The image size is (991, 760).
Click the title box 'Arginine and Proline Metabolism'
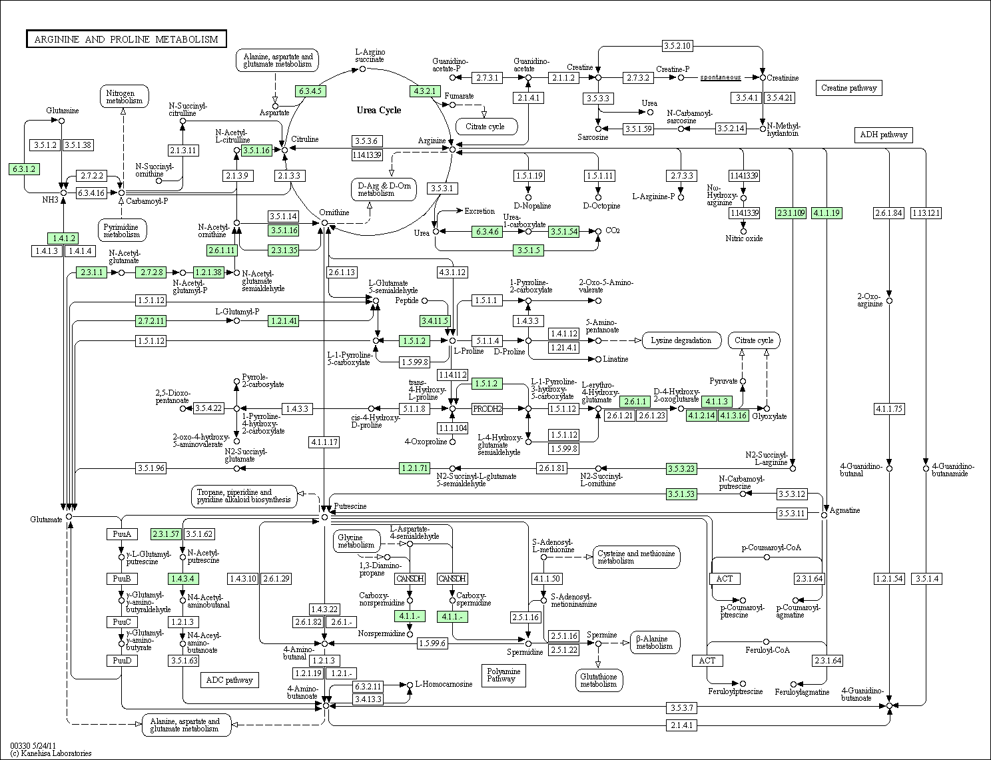pyautogui.click(x=127, y=39)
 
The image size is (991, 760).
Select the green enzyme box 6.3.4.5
pyautogui.click(x=310, y=91)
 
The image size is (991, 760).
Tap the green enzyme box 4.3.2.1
pyautogui.click(x=425, y=91)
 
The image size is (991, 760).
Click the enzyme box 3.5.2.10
pyautogui.click(x=677, y=45)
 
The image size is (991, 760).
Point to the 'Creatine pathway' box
pyautogui.click(x=848, y=88)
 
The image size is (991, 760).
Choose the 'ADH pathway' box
pyautogui.click(x=883, y=135)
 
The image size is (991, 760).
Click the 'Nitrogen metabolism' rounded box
pyautogui.click(x=124, y=97)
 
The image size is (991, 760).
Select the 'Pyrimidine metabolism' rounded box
pyautogui.click(x=122, y=230)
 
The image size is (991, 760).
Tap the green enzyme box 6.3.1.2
pyautogui.click(x=24, y=169)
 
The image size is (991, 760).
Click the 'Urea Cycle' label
pyautogui.click(x=378, y=111)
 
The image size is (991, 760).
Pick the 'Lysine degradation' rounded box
pyautogui.click(x=681, y=340)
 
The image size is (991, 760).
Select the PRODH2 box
pyautogui.click(x=487, y=409)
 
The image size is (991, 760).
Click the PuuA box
pyautogui.click(x=122, y=534)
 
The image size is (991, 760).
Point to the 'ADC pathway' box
pyautogui.click(x=229, y=680)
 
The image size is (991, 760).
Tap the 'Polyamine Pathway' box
pyautogui.click(x=503, y=675)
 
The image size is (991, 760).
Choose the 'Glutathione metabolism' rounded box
pyautogui.click(x=599, y=680)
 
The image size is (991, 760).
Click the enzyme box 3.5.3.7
pyautogui.click(x=682, y=707)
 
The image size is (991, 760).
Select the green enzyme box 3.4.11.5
pyautogui.click(x=435, y=321)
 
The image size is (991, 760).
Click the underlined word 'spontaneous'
pyautogui.click(x=721, y=77)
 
